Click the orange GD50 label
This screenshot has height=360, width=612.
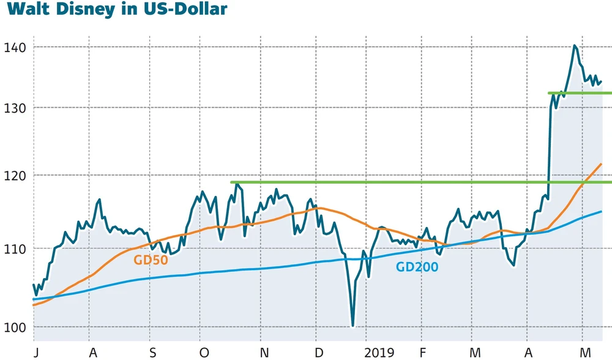click(151, 260)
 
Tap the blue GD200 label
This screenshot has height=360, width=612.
click(417, 266)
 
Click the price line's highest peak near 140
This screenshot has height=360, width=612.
click(575, 46)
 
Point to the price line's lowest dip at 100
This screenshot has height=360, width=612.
click(353, 326)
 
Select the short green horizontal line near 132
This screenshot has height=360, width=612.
click(580, 93)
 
